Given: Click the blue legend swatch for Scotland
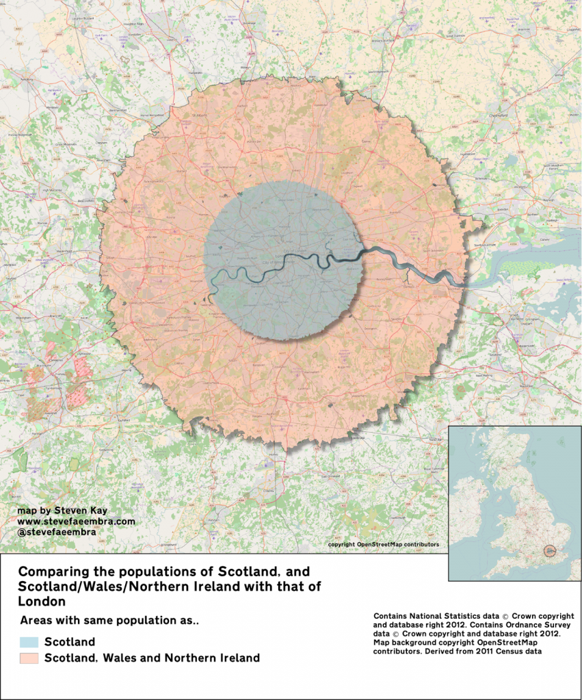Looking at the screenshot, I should click(x=29, y=643).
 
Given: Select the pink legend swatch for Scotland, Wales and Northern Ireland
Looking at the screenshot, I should click(x=29, y=658).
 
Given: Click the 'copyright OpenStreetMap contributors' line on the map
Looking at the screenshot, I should click(x=383, y=545).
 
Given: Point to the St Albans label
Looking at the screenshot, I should click(x=198, y=116).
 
